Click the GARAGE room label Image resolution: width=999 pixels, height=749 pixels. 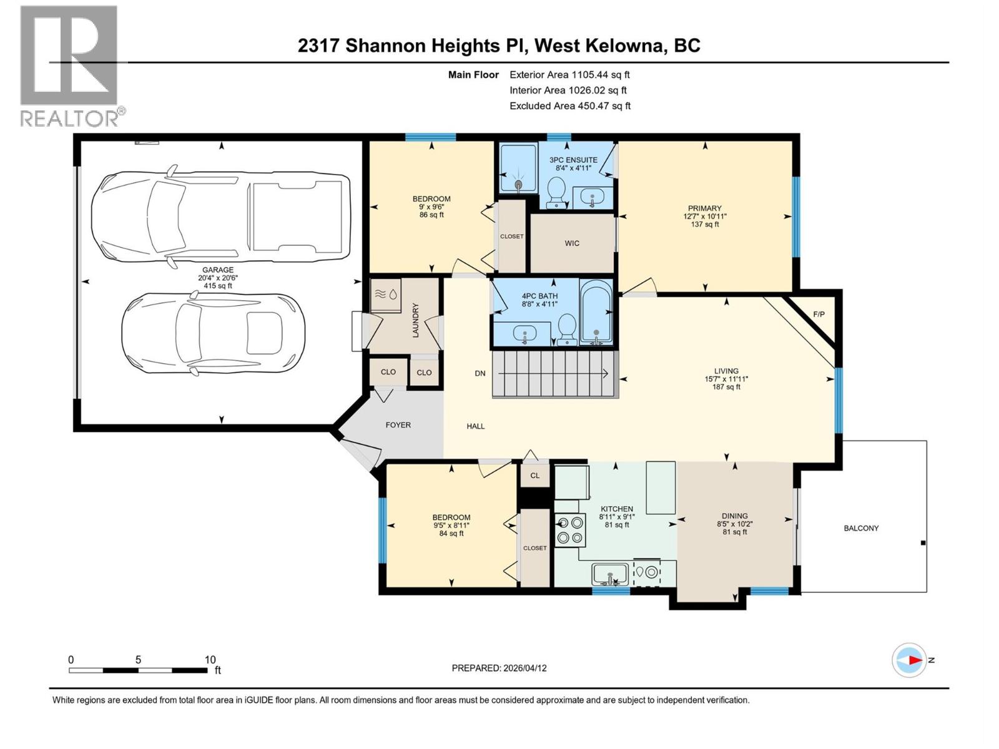coord(217,270)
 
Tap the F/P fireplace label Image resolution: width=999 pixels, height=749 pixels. coord(819,314)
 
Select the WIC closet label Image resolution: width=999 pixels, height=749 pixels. coord(572,243)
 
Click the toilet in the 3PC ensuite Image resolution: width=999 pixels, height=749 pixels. coord(555,191)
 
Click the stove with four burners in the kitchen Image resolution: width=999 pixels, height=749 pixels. coord(569,529)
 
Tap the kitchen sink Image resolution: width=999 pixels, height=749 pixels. coord(610,573)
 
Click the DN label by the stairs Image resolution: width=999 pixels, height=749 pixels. coord(480,373)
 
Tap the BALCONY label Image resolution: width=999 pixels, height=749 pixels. coord(861,528)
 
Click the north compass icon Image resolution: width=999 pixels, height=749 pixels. coord(910,660)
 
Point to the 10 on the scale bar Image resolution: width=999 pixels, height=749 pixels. coord(210,660)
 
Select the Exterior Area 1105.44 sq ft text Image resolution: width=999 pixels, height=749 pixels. coord(569,74)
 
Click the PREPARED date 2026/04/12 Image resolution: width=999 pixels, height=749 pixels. coord(499,668)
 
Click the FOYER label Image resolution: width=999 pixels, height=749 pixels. coord(398,425)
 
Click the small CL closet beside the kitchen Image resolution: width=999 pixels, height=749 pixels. coord(535,476)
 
